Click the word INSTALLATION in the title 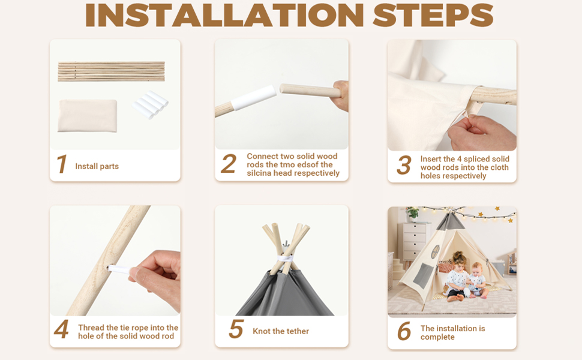coord(224,15)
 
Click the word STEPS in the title coord(433,15)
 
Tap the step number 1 coord(62,164)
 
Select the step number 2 coord(228,164)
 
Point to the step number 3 coord(404,165)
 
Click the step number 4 coord(61,329)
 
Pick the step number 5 coord(236,329)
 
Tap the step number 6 coord(404,331)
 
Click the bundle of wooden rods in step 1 coord(112,71)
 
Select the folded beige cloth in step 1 coord(88,115)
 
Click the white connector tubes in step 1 coord(150,105)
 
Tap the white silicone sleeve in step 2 coord(254,97)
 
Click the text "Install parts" coord(97,166)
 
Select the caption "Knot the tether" coord(281,331)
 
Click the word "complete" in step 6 coord(437,337)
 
